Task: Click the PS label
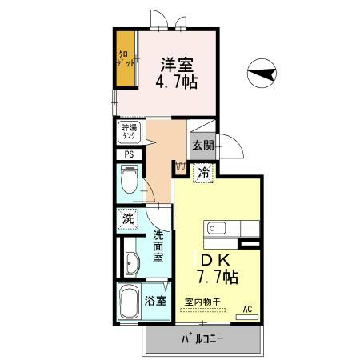[x=129, y=155]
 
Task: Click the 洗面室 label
[x=158, y=246]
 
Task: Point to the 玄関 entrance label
[x=202, y=146]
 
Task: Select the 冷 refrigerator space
[x=204, y=171]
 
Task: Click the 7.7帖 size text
[x=217, y=277]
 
